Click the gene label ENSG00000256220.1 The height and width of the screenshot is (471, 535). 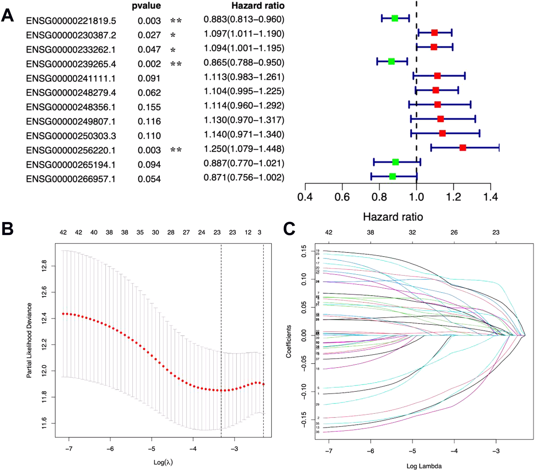tap(71, 150)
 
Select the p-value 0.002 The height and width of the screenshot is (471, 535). tap(149, 64)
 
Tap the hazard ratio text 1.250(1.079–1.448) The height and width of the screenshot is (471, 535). tap(244, 149)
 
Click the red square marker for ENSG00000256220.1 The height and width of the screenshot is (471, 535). tap(463, 148)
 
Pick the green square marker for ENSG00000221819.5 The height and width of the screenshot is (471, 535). tap(395, 18)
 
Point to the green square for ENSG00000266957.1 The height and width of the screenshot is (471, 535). tap(393, 176)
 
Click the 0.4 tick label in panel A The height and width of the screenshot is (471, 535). tap(305, 197)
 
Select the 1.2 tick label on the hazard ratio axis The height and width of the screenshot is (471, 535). tap(454, 197)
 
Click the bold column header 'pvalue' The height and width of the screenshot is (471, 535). tap(146, 6)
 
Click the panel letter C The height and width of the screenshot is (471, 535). tap(289, 229)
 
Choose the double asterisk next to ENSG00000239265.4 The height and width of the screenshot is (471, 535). tap(176, 64)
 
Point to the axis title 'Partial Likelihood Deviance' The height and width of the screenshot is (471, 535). tap(29, 340)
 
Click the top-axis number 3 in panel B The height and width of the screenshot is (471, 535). tap(260, 232)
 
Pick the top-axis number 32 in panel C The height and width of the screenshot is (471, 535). tap(412, 232)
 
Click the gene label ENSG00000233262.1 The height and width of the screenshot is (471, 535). tap(71, 50)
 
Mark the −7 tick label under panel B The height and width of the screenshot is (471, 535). tap(69, 449)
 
